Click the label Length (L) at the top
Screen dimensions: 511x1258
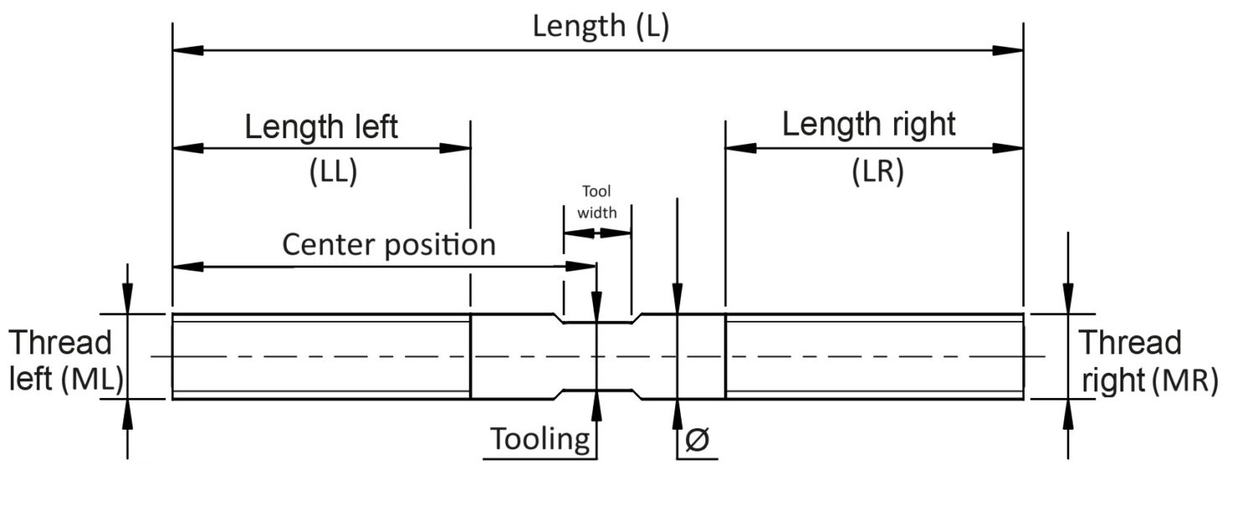[x=600, y=27]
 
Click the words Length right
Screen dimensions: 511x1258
[x=868, y=125]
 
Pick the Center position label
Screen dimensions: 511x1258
[x=388, y=245]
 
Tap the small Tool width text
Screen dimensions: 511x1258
[x=596, y=202]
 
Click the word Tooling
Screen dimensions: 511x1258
[x=540, y=439]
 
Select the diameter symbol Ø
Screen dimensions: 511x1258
[x=697, y=440]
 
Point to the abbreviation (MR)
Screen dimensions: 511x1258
[x=1183, y=381]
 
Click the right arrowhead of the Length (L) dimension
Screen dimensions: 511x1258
[x=1008, y=50]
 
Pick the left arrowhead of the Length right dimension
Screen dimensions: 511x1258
[x=741, y=148]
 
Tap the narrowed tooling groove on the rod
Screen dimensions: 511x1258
[x=596, y=357]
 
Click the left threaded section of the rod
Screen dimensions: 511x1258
[x=320, y=357]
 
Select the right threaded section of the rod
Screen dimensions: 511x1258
[x=874, y=357]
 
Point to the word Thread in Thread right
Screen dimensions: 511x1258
[x=1129, y=343]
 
